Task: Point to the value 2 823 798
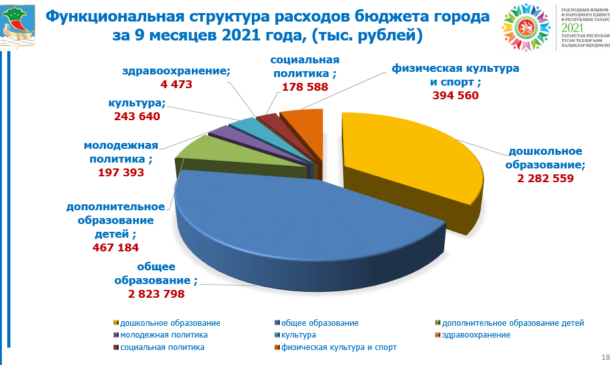pos(156,294)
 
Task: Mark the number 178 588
pos(305,87)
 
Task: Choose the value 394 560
pos(455,95)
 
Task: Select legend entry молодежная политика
pos(154,335)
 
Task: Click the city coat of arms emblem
pos(19,25)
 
